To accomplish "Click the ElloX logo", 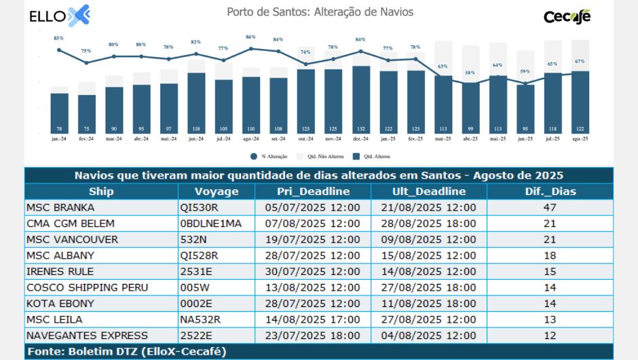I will [x=60, y=15].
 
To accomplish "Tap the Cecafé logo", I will [x=567, y=16].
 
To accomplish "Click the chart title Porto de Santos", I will [x=320, y=12].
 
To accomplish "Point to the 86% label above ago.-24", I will [x=250, y=37].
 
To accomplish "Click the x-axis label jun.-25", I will [x=525, y=139].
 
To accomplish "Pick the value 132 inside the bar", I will [x=361, y=128].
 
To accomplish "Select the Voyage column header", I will [x=217, y=192].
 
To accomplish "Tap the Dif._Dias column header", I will [x=550, y=192].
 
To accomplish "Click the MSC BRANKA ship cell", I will [x=60, y=207].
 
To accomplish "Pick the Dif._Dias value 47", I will [x=550, y=207].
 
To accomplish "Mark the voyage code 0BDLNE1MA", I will [x=211, y=223].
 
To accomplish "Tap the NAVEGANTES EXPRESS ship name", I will [x=86, y=336].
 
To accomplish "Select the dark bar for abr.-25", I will [x=470, y=105].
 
